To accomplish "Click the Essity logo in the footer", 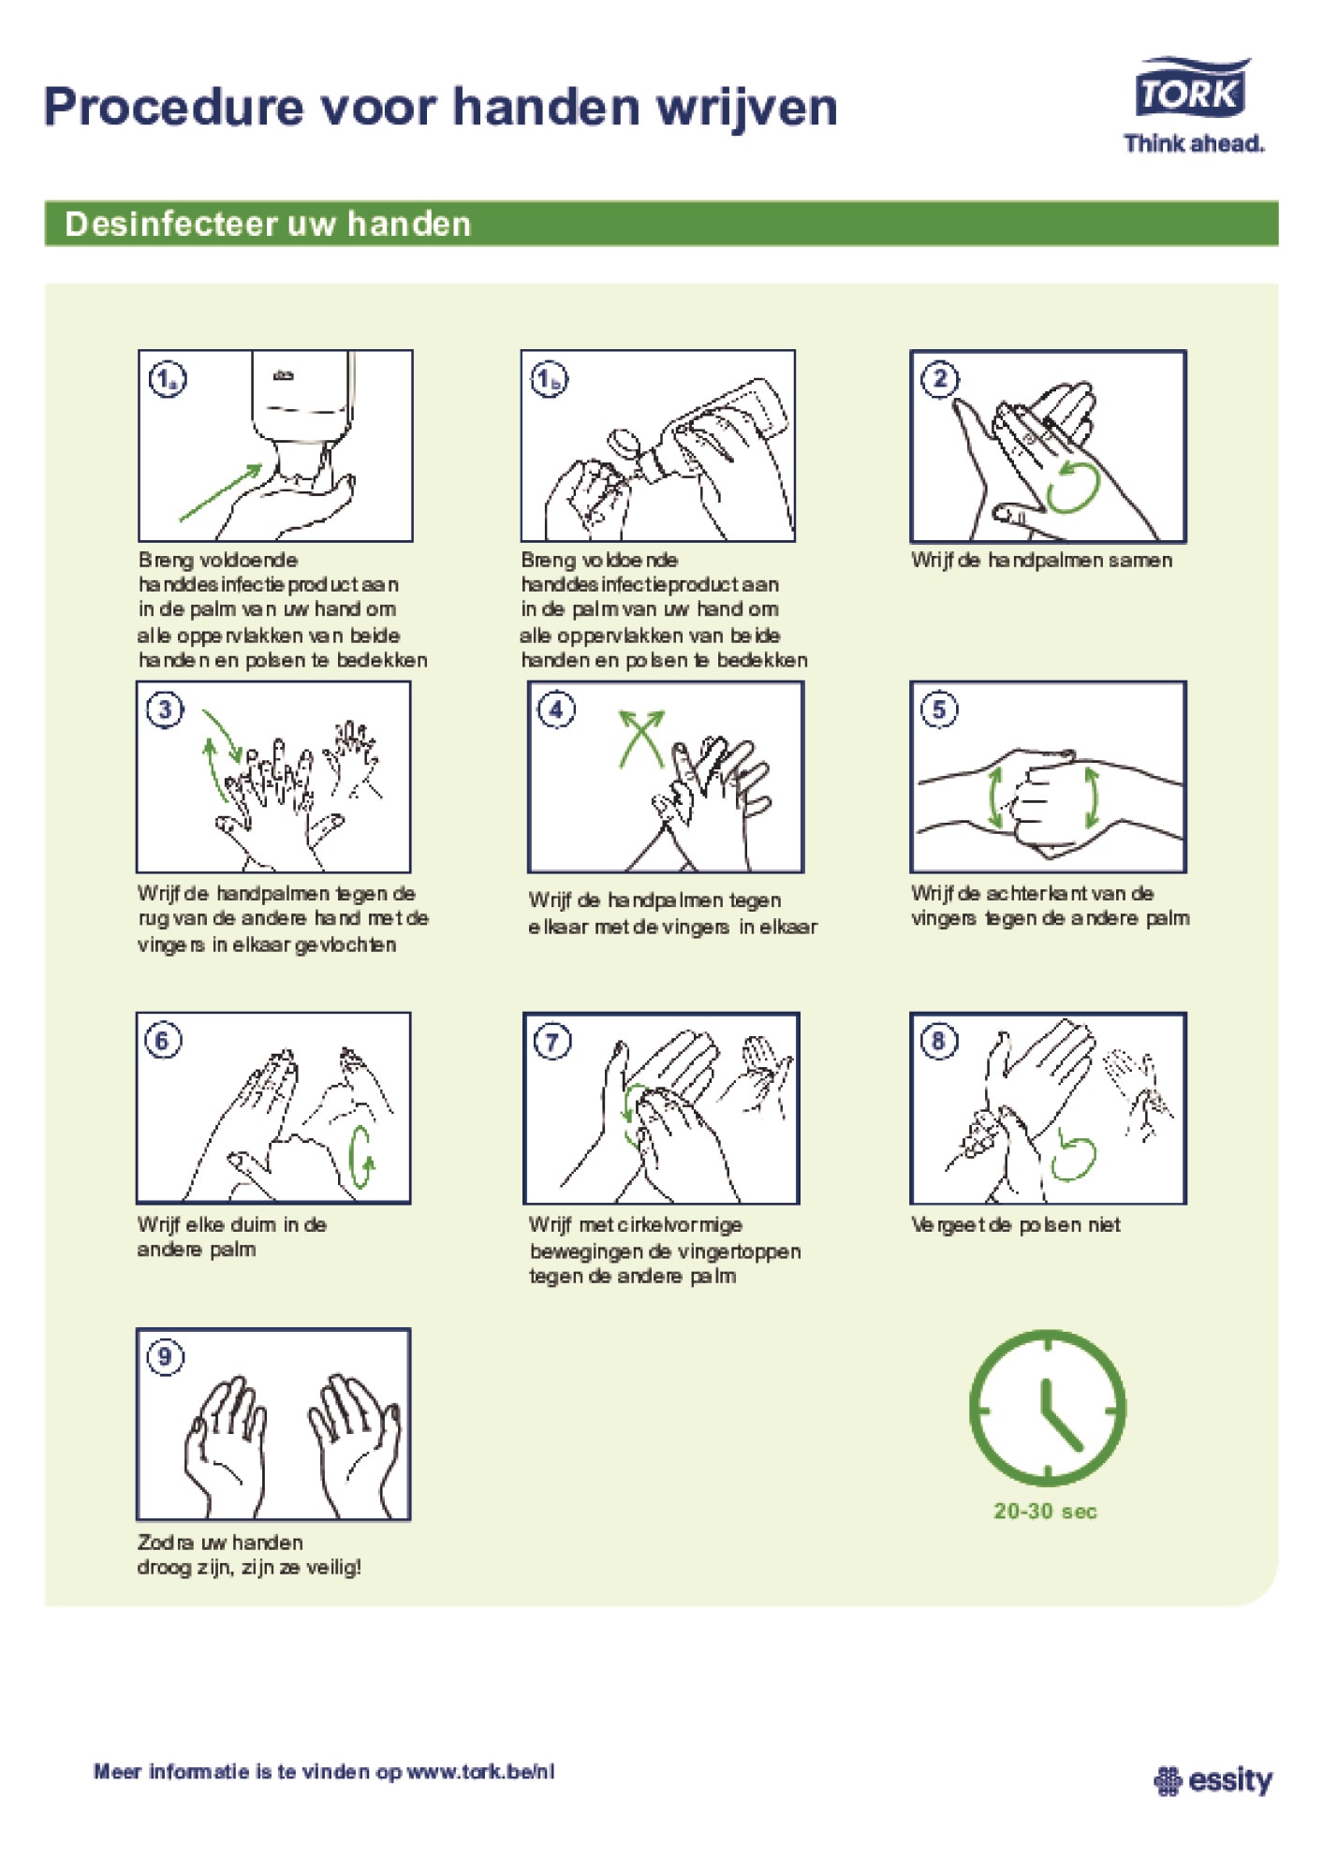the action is tap(1213, 1779).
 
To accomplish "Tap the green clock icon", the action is tap(1047, 1409).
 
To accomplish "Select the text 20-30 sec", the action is tap(1045, 1511).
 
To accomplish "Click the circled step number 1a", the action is tap(168, 379).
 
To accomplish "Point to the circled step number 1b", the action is tap(550, 379).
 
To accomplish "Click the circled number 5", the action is tap(939, 709).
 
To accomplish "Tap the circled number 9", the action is tap(165, 1357).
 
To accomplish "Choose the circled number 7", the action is tap(552, 1042).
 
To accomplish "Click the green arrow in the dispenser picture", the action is tap(221, 492).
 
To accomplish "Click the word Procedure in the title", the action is tap(174, 107).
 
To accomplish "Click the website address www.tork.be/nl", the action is tap(480, 1772).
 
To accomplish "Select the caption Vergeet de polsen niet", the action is tap(1016, 1225).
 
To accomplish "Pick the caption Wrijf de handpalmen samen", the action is tap(1041, 561).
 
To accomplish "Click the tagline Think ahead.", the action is tap(1194, 143).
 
